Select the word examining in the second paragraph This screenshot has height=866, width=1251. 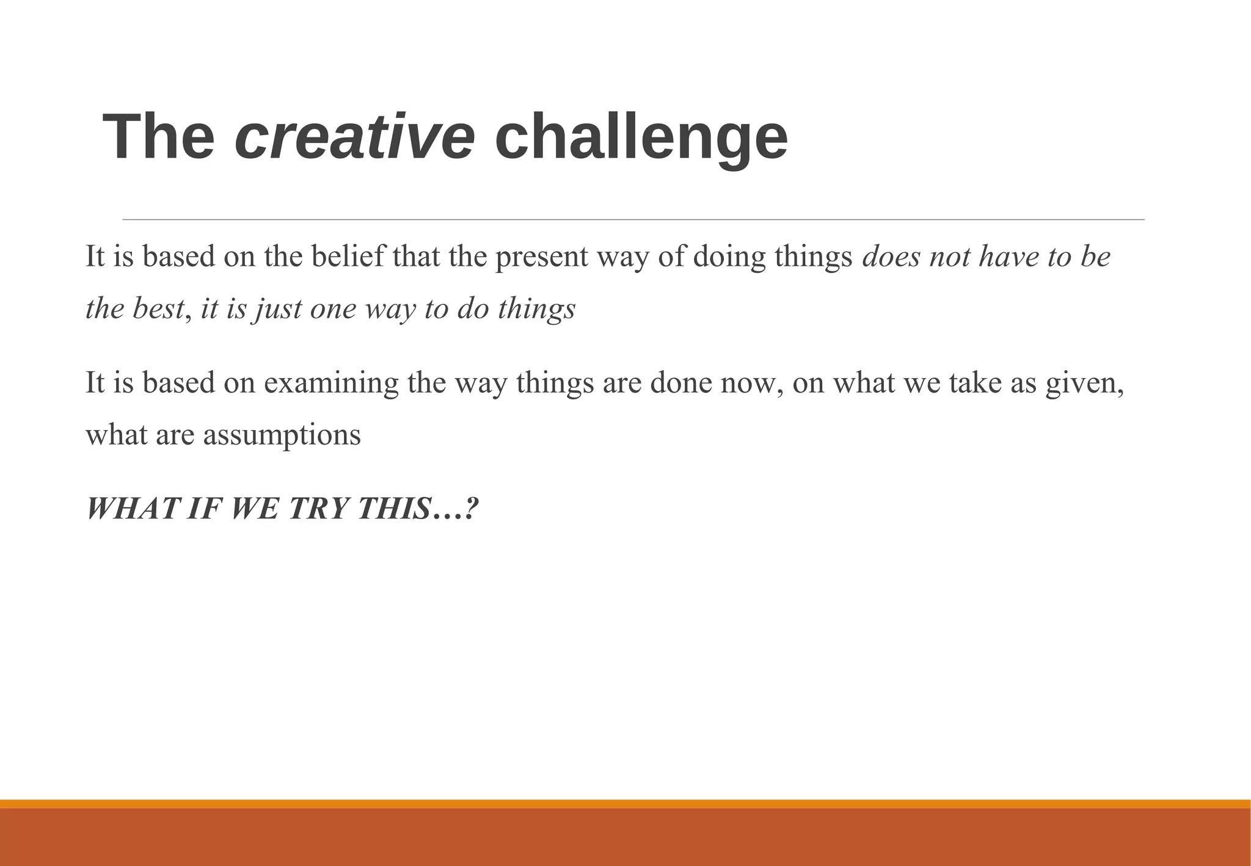(x=331, y=384)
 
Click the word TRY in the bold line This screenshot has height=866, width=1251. (x=318, y=508)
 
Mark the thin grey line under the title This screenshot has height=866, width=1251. (x=633, y=219)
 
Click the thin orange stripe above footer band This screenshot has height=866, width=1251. (x=625, y=804)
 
